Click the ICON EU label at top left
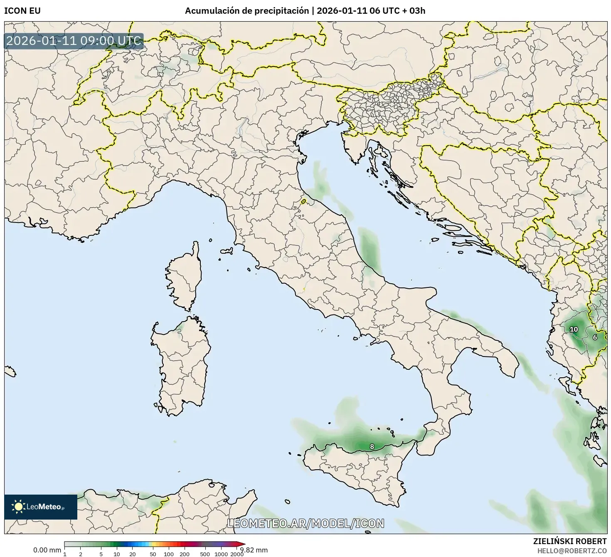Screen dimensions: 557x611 click(x=22, y=11)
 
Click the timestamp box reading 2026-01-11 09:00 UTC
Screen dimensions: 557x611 click(x=74, y=41)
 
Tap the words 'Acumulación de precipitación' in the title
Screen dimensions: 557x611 click(x=246, y=11)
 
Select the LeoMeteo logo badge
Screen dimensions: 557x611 click(x=41, y=507)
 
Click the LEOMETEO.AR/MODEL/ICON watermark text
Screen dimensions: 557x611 click(x=305, y=523)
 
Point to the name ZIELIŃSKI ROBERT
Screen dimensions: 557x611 click(x=570, y=541)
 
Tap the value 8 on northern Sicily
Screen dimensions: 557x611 click(x=372, y=447)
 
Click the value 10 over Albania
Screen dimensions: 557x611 click(x=574, y=329)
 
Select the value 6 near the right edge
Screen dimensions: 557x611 click(x=595, y=337)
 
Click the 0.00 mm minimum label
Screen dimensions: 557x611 click(x=47, y=550)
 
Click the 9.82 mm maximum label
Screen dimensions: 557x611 click(x=254, y=550)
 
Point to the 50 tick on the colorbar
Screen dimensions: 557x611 click(x=153, y=554)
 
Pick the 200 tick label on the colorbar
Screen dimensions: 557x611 click(x=185, y=554)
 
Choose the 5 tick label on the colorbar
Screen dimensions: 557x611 click(x=101, y=554)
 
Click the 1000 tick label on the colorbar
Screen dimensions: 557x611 click(x=221, y=554)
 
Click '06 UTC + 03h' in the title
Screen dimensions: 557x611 click(x=400, y=11)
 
